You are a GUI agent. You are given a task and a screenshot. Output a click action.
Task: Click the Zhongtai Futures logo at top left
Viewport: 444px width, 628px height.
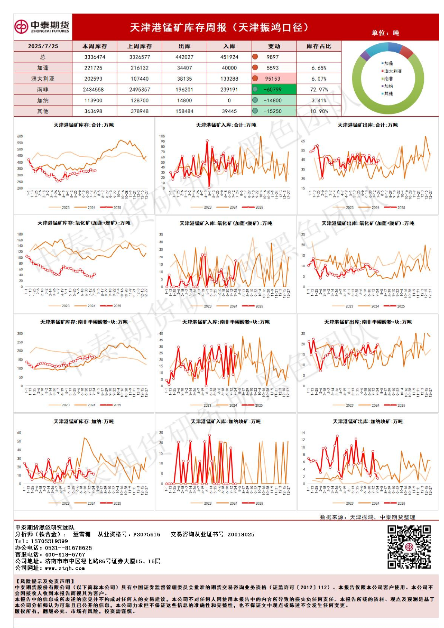tap(42, 27)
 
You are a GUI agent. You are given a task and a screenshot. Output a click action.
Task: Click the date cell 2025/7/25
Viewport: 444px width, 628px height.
tap(43, 46)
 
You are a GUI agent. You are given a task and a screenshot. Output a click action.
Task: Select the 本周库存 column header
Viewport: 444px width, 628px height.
tap(95, 46)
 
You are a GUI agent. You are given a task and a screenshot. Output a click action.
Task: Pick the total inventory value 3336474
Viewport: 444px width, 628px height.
tap(95, 57)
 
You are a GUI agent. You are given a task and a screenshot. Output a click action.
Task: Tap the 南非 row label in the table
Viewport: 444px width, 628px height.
tap(43, 90)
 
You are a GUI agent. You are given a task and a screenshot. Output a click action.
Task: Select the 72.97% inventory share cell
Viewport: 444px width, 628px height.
tap(319, 90)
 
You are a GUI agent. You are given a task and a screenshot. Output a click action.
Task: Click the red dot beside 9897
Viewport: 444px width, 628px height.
tap(255, 57)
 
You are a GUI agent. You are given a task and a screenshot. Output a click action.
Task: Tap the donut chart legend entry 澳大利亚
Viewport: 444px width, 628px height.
tap(393, 71)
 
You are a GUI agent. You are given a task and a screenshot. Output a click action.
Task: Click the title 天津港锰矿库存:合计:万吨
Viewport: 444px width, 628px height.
tap(84, 125)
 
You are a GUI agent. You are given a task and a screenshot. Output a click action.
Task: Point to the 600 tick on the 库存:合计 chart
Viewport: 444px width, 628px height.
tap(20, 136)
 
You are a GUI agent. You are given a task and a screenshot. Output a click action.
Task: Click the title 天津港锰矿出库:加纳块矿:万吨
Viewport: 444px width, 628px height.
tap(368, 421)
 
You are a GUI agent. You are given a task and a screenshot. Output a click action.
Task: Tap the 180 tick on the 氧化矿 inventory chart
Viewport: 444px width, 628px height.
tap(20, 234)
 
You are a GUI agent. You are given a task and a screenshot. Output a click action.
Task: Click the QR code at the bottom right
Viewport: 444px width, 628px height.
tap(409, 547)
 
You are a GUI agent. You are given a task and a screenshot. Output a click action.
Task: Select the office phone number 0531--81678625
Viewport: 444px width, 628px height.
tap(68, 548)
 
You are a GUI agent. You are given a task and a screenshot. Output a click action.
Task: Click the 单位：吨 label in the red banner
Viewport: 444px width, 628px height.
tap(385, 33)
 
